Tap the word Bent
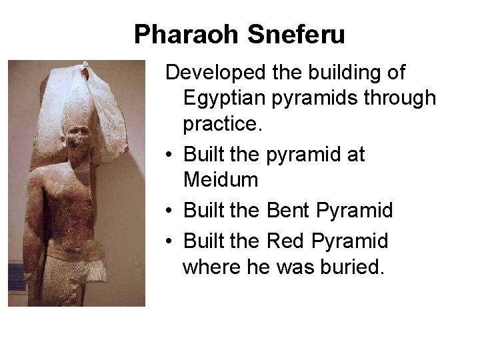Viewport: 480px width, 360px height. [x=288, y=211]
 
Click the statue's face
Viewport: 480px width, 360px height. [x=79, y=142]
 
